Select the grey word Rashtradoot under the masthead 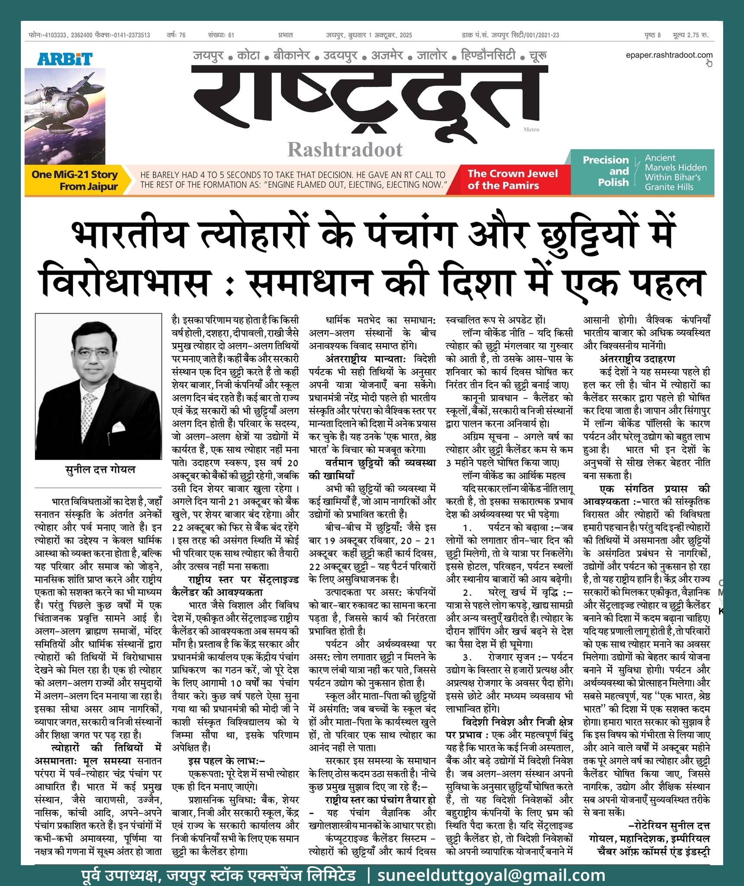[345, 150]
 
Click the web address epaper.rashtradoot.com [669, 55]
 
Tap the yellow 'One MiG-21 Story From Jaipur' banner [74, 180]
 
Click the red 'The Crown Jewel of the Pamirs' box [512, 180]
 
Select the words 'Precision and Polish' [606, 171]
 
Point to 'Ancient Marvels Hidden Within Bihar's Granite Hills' [675, 172]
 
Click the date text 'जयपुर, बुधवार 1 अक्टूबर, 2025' [369, 35]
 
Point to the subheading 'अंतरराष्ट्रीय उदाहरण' [637, 359]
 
